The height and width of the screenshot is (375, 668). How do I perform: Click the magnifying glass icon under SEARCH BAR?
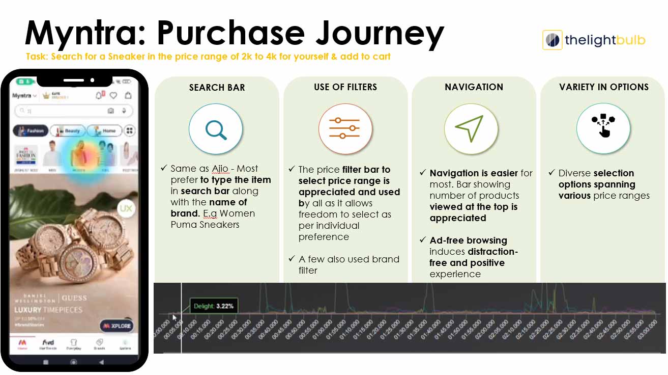216,129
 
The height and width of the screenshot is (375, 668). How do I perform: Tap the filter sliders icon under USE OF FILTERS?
345,128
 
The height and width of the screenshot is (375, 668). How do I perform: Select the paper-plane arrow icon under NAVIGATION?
471,128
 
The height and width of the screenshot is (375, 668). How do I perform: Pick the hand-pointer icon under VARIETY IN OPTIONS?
603,126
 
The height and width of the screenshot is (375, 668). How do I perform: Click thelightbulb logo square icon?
552,40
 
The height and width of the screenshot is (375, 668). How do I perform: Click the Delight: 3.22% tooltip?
213,306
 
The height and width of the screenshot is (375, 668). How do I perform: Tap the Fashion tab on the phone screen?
31,131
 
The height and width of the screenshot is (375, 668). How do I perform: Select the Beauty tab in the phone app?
68,131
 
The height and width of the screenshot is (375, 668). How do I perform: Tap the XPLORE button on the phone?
117,326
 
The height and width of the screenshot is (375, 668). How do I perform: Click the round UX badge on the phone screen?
125,208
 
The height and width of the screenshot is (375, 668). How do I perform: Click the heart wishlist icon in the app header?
113,95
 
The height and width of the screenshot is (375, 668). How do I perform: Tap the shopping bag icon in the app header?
128,95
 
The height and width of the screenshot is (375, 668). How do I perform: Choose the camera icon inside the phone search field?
110,111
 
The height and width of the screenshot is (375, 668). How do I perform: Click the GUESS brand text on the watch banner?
74,298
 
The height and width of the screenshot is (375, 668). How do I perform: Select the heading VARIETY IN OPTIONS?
603,87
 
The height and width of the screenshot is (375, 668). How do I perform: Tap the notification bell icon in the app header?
99,95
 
